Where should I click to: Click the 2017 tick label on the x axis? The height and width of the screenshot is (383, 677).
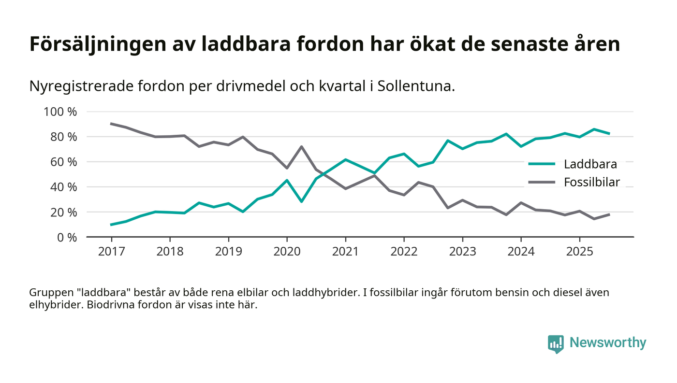pos(111,252)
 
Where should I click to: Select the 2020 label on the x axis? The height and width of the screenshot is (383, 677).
pos(287,252)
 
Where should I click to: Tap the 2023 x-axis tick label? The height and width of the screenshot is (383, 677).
pos(462,252)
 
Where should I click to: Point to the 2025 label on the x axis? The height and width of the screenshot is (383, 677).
pos(579,252)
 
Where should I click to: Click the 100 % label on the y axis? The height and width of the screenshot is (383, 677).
pos(60,112)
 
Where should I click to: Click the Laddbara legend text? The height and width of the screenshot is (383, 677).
pos(590,164)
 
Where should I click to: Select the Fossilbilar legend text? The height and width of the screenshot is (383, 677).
pos(592,182)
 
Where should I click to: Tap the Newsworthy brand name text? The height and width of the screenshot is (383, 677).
pos(607,343)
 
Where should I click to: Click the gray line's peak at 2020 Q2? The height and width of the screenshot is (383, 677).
pos(301,146)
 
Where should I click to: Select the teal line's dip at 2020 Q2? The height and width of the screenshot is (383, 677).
pos(301,201)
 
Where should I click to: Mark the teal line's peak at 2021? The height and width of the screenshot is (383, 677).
pos(345,159)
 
